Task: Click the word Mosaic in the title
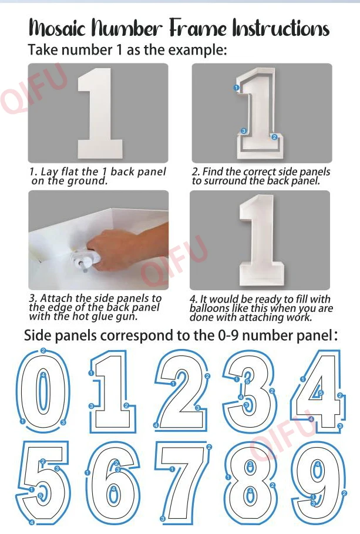58,28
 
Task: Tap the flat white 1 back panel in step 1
100,113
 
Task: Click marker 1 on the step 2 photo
236,88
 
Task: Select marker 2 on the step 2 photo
274,137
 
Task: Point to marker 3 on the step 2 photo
244,131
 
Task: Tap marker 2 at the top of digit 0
43,351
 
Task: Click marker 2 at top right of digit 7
209,447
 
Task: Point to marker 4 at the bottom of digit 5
31,522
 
